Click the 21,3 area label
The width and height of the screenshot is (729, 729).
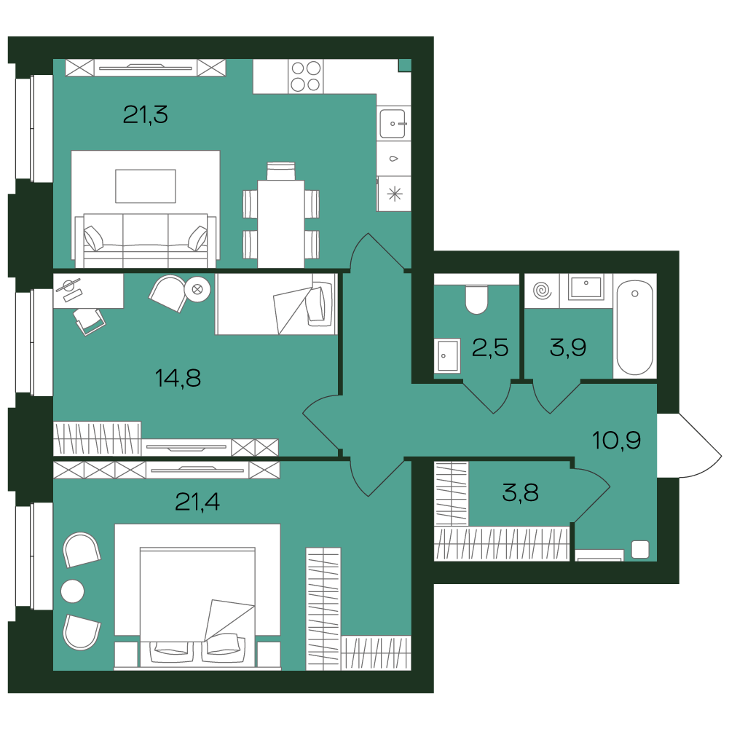(145, 114)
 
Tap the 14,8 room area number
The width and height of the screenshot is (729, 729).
(178, 378)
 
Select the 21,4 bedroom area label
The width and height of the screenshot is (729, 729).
(197, 502)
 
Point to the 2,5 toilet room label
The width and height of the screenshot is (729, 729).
(490, 347)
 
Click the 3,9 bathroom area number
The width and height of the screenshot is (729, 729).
(567, 347)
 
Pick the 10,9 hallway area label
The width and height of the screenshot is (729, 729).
(617, 440)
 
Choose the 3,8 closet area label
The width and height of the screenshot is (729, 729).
(520, 492)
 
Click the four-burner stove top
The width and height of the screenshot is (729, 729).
(305, 76)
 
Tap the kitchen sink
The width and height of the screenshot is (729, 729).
(393, 123)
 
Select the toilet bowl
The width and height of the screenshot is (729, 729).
(476, 299)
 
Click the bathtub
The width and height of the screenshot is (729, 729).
(634, 327)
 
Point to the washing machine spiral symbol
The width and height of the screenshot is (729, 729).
(542, 291)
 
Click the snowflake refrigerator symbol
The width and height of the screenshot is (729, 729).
(394, 194)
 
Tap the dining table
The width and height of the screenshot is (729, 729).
(281, 224)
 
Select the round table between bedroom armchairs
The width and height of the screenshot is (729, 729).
(73, 591)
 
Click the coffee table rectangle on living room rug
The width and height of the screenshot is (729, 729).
(146, 186)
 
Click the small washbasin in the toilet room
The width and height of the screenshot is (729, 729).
(447, 355)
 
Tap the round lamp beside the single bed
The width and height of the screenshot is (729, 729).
(197, 289)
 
